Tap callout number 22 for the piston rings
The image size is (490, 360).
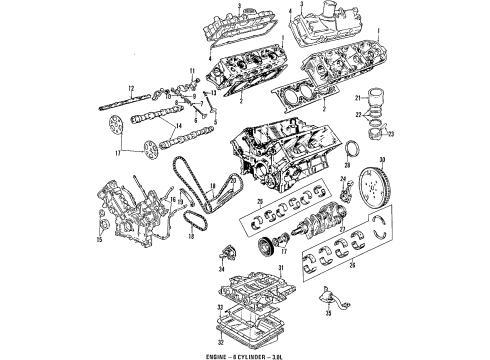[x=358, y=116]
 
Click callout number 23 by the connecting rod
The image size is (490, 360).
[x=391, y=136]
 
